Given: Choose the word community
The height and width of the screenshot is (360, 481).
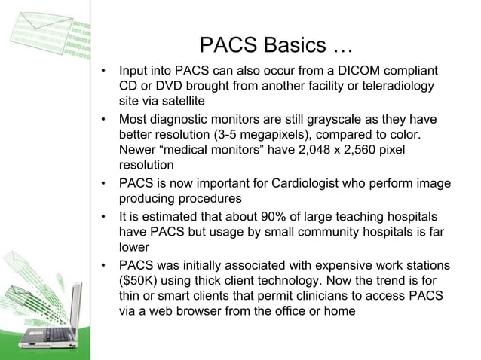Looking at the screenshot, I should pyautogui.click(x=322, y=231).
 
